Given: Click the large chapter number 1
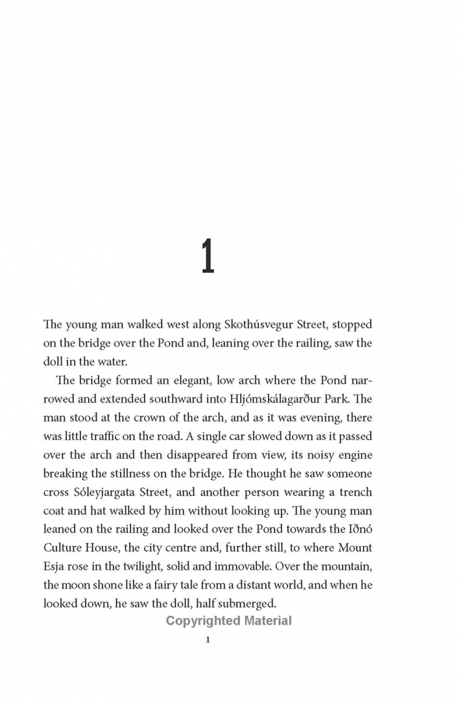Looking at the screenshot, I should [207, 256].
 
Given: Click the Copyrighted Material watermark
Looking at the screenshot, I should [229, 621].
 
